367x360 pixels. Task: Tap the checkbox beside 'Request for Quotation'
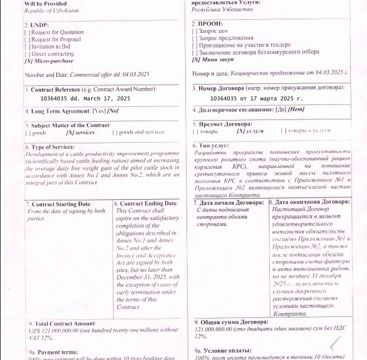click(x=27, y=32)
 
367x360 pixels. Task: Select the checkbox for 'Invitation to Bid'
click(x=27, y=46)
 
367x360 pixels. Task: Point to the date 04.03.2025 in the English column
click(x=136, y=74)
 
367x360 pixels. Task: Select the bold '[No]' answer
click(x=113, y=111)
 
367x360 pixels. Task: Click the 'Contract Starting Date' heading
click(x=61, y=205)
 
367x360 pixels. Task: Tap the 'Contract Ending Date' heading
click(x=145, y=205)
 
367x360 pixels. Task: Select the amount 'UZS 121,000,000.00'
click(x=55, y=330)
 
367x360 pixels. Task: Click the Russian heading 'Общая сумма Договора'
click(x=236, y=323)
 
